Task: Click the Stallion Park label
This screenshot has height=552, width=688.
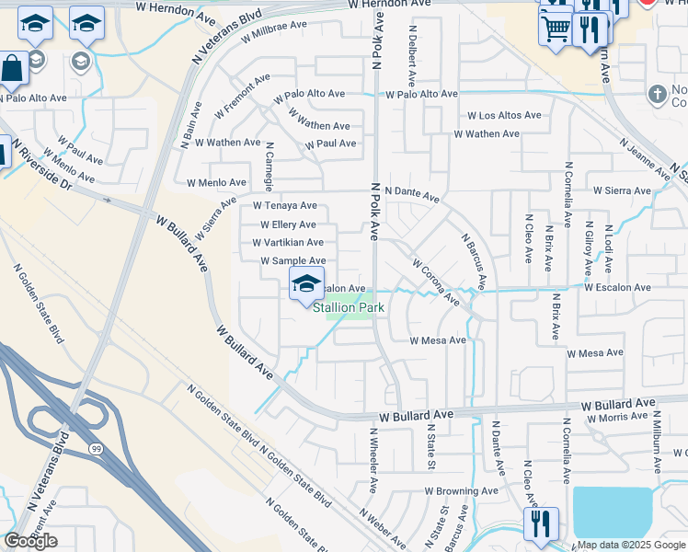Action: pos(347,308)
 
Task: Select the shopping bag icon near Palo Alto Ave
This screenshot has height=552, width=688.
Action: pos(12,69)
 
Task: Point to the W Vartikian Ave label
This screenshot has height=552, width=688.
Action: pos(288,243)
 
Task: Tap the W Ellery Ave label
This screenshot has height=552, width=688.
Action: pos(288,224)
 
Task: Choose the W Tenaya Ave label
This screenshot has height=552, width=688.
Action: pos(285,206)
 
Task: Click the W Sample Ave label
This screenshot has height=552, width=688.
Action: pos(292,261)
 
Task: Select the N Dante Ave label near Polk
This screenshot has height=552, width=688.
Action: pos(412,192)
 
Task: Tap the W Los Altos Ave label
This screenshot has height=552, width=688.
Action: pos(504,116)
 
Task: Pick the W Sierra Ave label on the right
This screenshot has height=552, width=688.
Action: pos(623,190)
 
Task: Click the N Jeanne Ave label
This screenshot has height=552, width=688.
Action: pos(645,159)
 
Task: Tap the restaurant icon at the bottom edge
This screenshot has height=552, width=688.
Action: pos(540,524)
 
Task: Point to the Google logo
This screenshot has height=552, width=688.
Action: pos(30,541)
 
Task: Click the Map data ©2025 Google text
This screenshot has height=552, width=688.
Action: pos(631,545)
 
